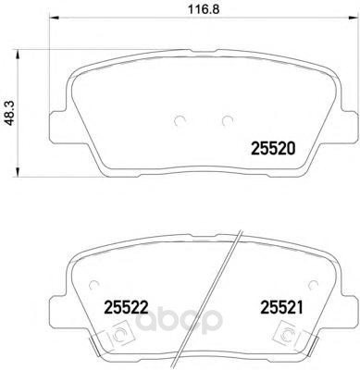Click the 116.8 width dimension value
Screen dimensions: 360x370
[204, 9]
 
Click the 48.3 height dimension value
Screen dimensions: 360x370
[10, 113]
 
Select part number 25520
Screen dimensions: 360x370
[274, 149]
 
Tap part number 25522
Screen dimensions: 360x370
[127, 307]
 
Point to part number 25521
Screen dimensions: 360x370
[282, 307]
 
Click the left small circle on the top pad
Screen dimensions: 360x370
[180, 120]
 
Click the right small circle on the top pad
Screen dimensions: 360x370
[228, 120]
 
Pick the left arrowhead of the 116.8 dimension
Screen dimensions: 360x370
[54, 18]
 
